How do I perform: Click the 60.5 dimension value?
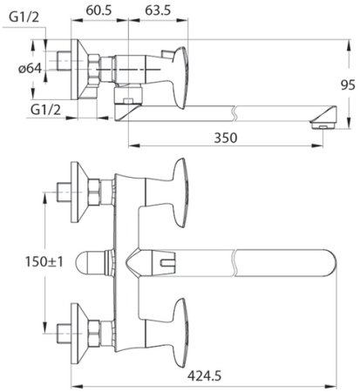point(99,12)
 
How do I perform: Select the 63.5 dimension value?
point(157,12)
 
